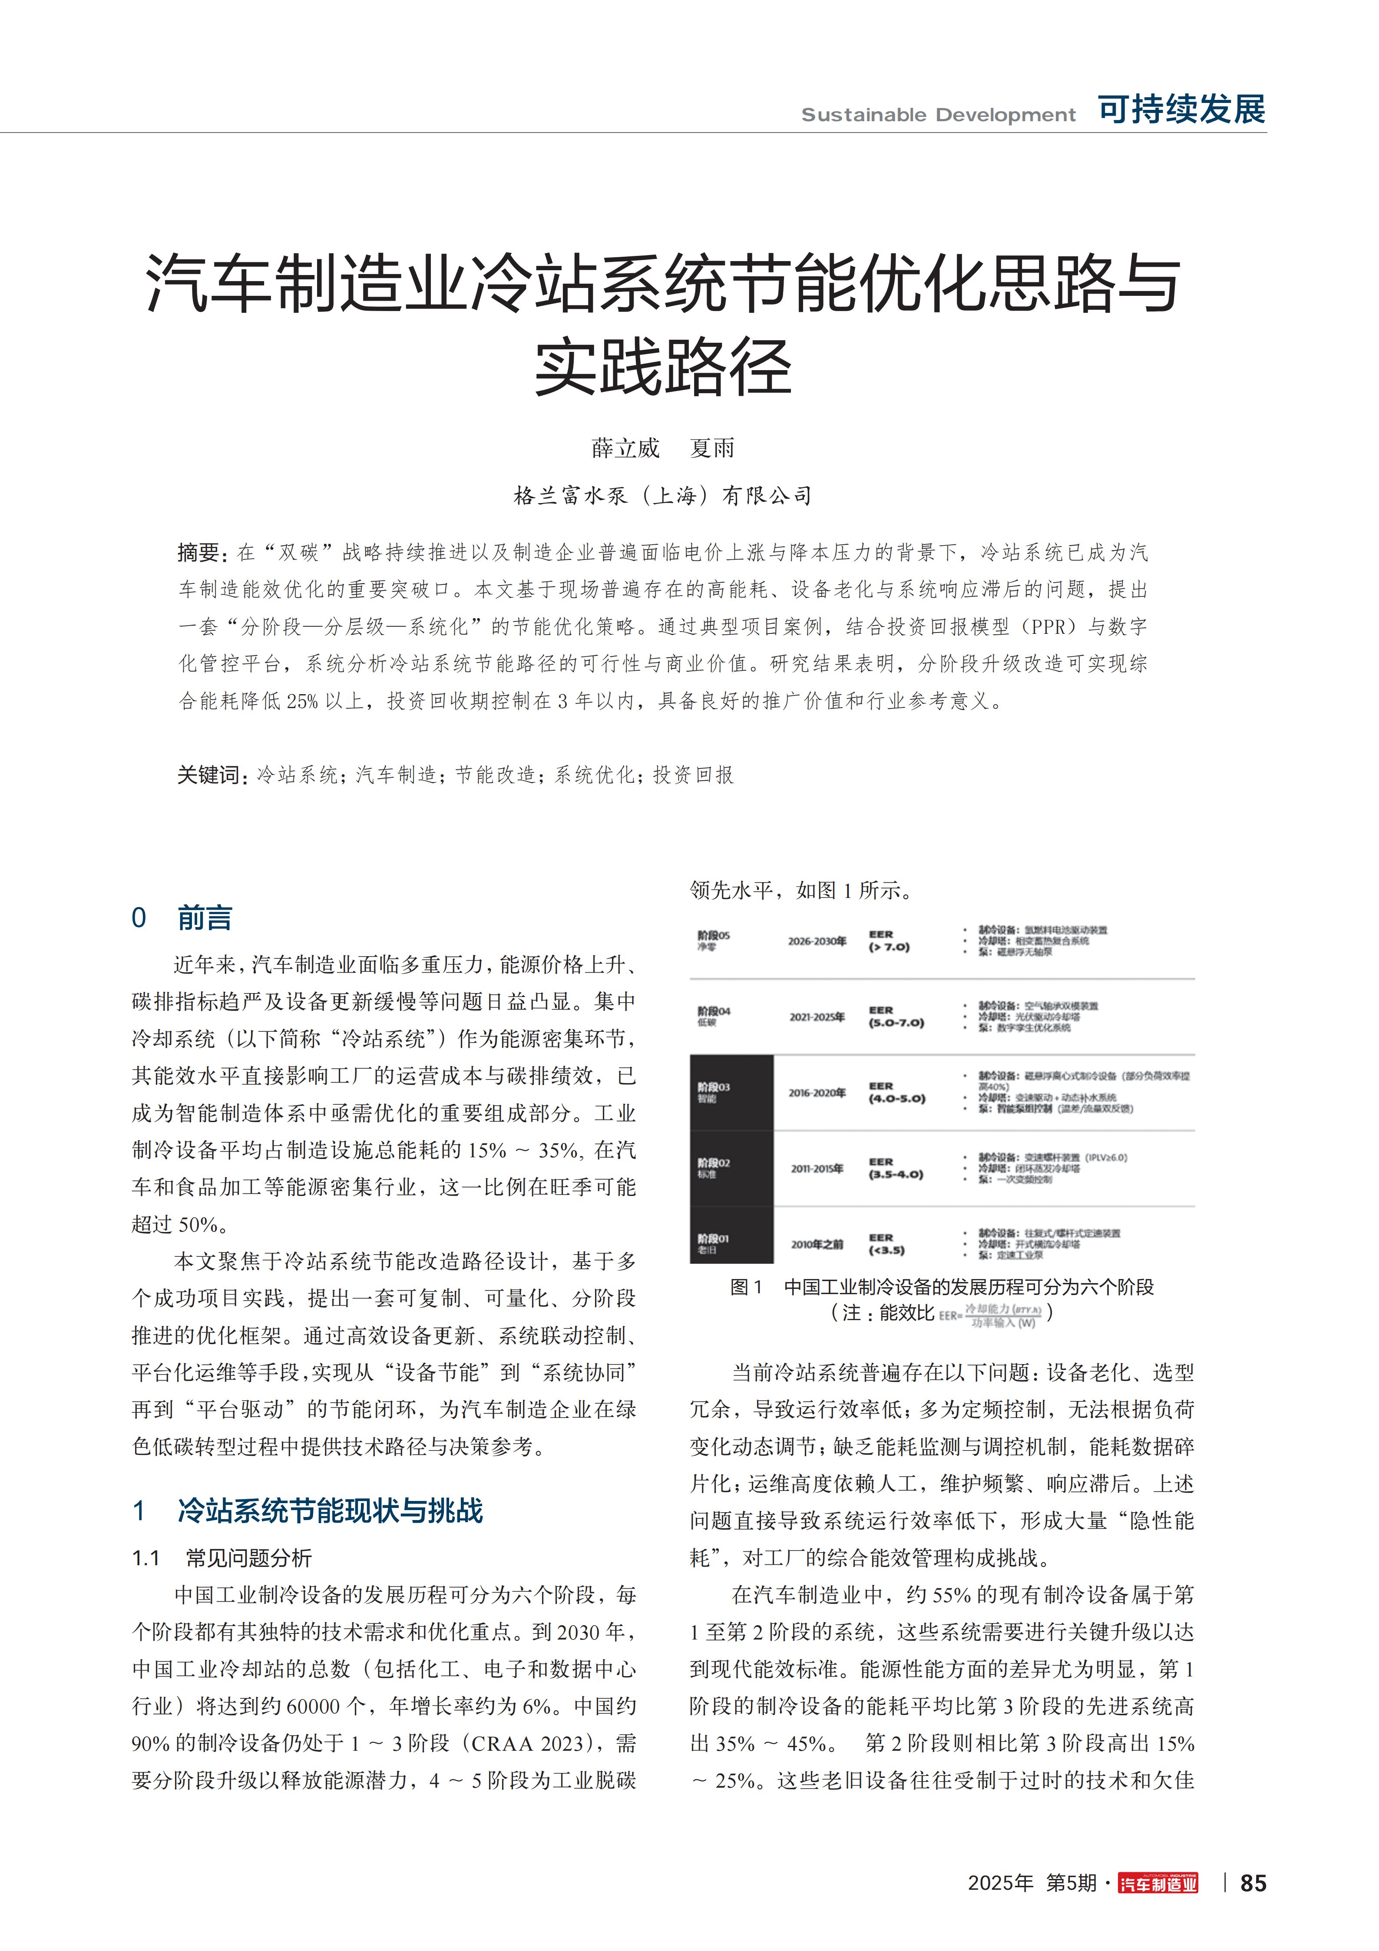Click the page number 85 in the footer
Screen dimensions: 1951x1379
(x=1253, y=1883)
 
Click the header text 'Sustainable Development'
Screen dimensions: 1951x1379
(x=938, y=115)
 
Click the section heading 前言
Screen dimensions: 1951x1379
(x=205, y=918)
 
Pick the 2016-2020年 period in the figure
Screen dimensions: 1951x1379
(x=817, y=1093)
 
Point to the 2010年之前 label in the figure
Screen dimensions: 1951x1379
(x=817, y=1244)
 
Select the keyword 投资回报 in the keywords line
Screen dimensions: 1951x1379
(x=693, y=775)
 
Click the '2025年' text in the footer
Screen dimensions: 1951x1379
(x=1000, y=1883)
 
